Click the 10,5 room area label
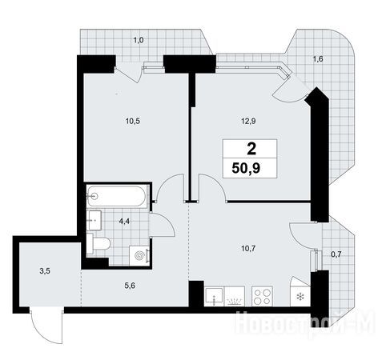tap(133, 122)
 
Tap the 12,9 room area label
tap(248, 122)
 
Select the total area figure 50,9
tap(246, 168)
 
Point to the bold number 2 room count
tap(251, 149)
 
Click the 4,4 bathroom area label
tap(124, 222)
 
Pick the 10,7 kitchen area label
tap(248, 249)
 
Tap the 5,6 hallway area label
tap(130, 286)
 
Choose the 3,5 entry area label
tap(45, 271)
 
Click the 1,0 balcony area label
tap(139, 41)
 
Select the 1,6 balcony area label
tap(318, 59)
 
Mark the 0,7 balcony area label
tap(336, 254)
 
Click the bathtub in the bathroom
tap(117, 196)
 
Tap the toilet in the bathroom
tap(99, 243)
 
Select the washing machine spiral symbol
tap(139, 256)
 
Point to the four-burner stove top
tap(262, 296)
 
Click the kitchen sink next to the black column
tap(215, 296)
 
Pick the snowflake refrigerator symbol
tap(300, 296)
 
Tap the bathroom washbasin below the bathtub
tap(94, 220)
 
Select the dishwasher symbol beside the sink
tap(235, 296)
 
